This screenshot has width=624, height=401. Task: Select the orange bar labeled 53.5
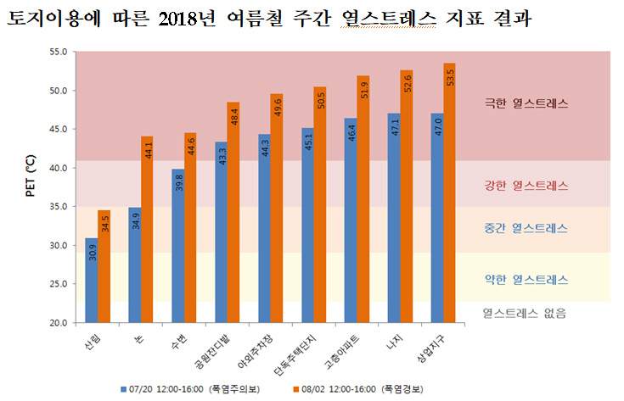[449, 193]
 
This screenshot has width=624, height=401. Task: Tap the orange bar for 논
[148, 230]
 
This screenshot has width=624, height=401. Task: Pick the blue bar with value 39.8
[177, 246]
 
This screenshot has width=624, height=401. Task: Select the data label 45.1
[307, 142]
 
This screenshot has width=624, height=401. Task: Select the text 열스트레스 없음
[524, 313]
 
